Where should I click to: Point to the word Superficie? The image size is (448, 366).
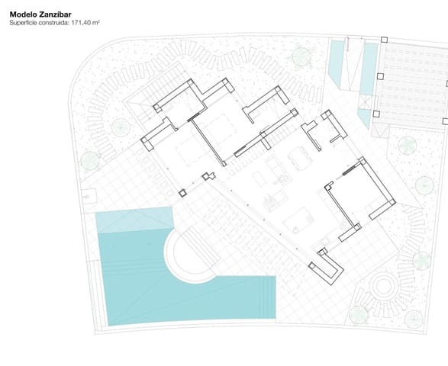click(23, 23)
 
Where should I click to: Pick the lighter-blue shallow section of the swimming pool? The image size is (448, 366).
click(134, 220)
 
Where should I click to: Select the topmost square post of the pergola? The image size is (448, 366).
click(385, 40)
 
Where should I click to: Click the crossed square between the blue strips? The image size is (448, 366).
click(366, 102)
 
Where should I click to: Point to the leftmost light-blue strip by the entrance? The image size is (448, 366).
click(337, 63)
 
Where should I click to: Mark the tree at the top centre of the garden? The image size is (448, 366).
click(301, 56)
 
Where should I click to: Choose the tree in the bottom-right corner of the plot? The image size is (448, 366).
click(414, 319)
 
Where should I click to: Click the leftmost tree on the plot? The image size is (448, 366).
click(90, 161)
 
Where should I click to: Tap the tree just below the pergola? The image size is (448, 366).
click(407, 146)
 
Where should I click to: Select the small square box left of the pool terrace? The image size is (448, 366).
click(89, 197)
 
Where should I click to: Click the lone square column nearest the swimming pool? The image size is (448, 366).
click(182, 193)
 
